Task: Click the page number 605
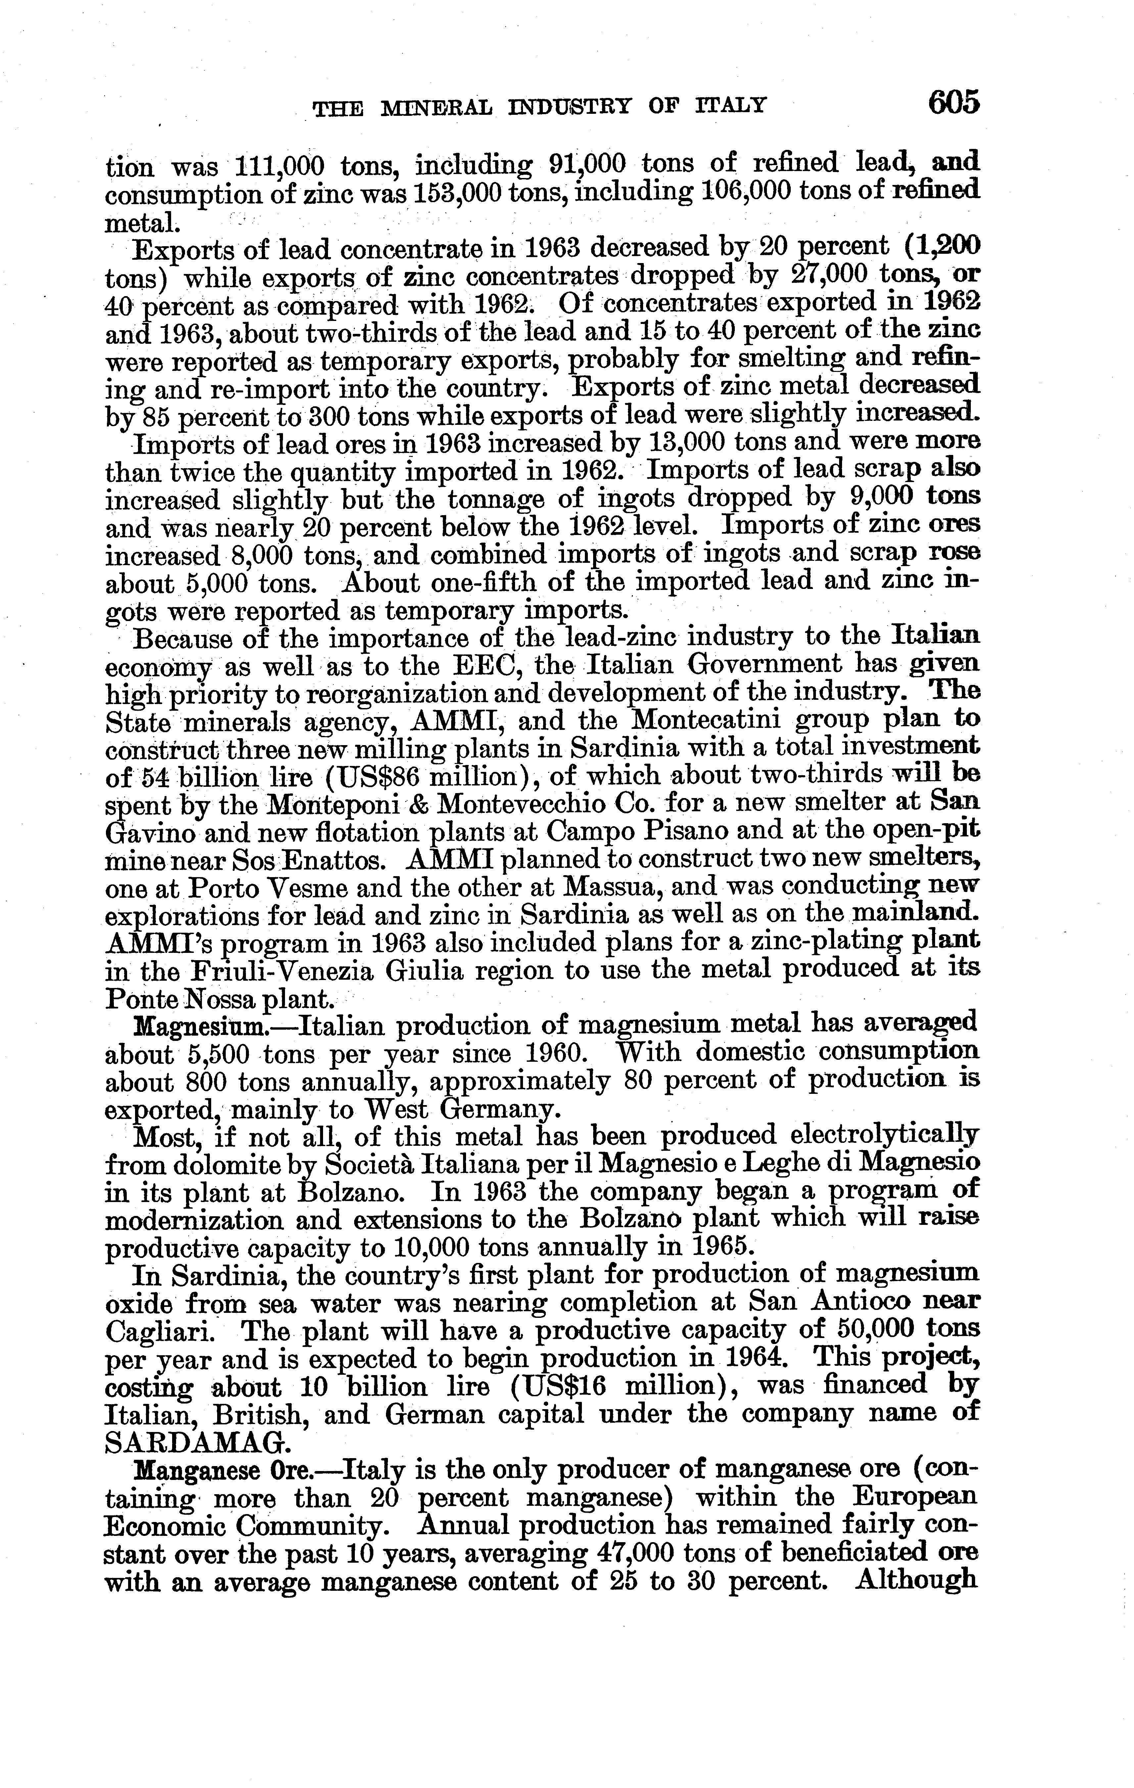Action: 954,103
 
